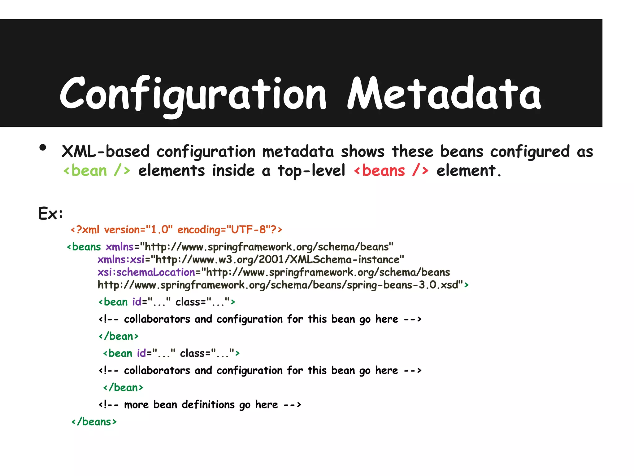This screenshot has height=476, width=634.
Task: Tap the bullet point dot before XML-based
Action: click(x=43, y=148)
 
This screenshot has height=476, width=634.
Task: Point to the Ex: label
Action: click(x=50, y=214)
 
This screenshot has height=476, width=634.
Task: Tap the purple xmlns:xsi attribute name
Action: click(x=121, y=259)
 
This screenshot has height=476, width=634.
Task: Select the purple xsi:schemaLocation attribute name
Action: click(x=146, y=272)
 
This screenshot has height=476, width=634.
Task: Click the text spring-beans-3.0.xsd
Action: click(x=402, y=285)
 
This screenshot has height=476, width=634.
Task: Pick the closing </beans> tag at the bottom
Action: click(x=94, y=422)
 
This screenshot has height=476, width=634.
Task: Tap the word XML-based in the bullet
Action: click(x=105, y=152)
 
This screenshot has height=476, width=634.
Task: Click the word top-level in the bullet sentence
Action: click(x=311, y=171)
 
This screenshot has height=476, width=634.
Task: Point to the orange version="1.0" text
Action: click(x=138, y=230)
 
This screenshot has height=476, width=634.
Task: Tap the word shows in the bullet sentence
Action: click(x=363, y=152)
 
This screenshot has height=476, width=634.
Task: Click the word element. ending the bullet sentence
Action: click(x=468, y=171)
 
